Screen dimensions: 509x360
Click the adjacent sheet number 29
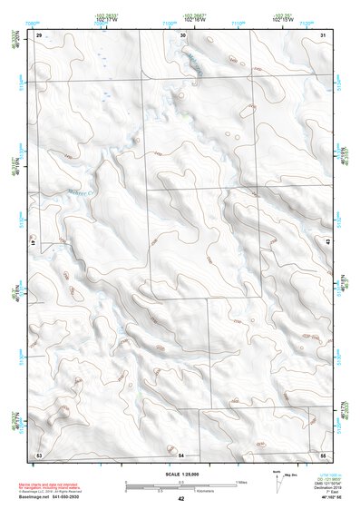[x=39, y=34]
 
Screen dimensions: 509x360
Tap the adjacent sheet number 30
[x=182, y=34]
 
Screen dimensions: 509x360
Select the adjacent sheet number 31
[x=324, y=34]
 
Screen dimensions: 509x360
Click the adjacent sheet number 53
[x=39, y=453]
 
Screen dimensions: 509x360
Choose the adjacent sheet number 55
[x=324, y=453]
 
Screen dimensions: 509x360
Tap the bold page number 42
[x=181, y=498]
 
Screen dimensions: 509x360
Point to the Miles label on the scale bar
[x=242, y=481]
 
